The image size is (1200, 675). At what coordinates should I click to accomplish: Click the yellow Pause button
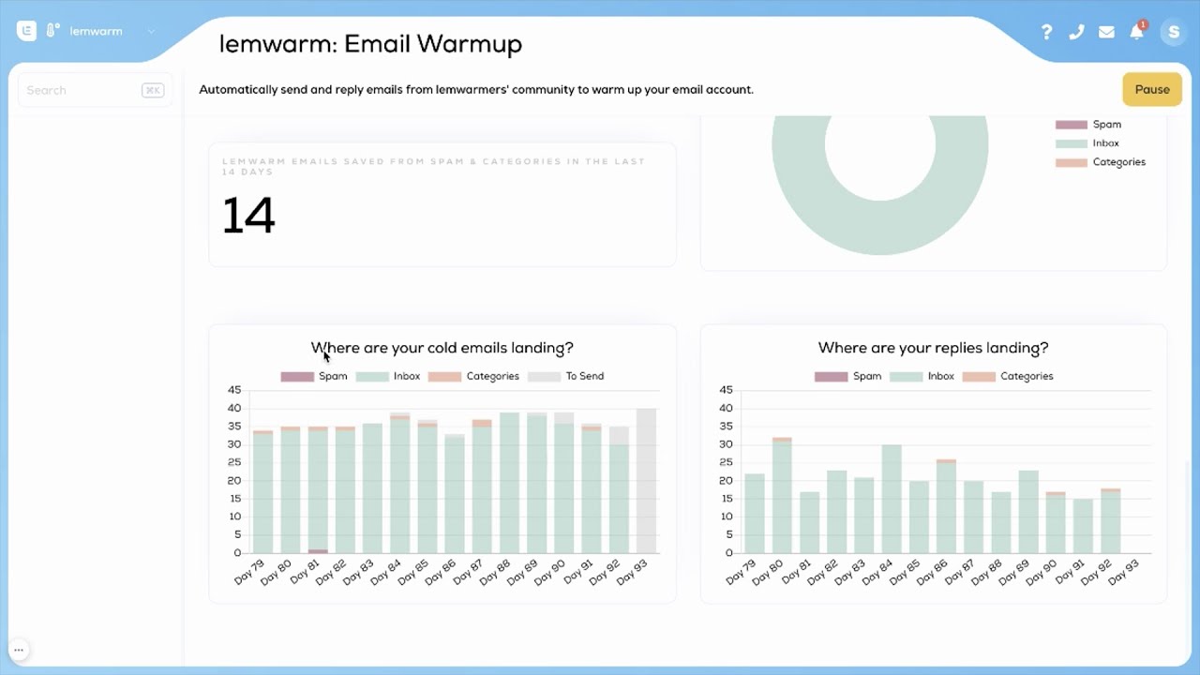pyautogui.click(x=1151, y=90)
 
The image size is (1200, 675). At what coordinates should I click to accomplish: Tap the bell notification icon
pyautogui.click(x=1136, y=32)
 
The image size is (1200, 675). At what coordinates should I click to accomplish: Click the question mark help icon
pyautogui.click(x=1046, y=32)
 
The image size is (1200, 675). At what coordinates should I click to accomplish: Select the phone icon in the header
pyautogui.click(x=1076, y=32)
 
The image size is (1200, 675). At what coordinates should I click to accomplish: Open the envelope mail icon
pyautogui.click(x=1106, y=32)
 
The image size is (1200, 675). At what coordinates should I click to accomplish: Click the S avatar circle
pyautogui.click(x=1173, y=32)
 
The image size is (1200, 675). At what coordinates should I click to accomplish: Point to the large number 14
pyautogui.click(x=248, y=216)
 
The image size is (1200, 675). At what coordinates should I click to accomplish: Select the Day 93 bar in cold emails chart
pyautogui.click(x=646, y=480)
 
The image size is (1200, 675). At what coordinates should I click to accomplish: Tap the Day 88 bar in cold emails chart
pyautogui.click(x=509, y=483)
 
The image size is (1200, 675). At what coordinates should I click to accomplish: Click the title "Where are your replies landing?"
pyautogui.click(x=933, y=348)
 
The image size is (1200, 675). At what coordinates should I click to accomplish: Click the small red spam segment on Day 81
pyautogui.click(x=319, y=551)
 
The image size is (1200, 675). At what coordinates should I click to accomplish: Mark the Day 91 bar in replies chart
pyautogui.click(x=1083, y=526)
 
